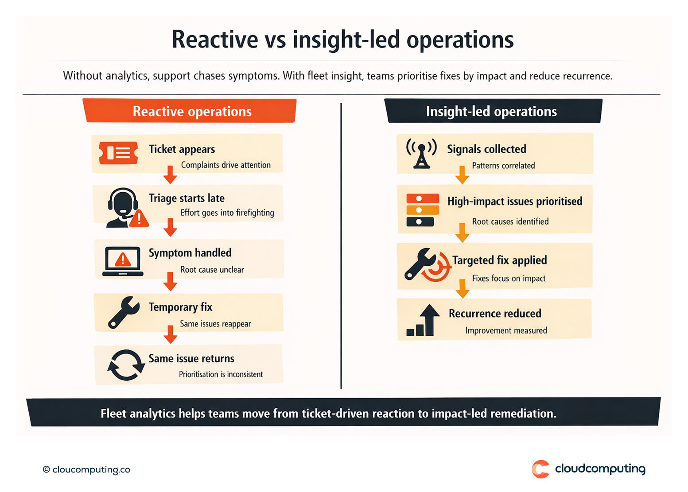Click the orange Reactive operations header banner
[x=190, y=111]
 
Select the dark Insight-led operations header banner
[x=493, y=111]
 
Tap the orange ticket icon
[x=118, y=153]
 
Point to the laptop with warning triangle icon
[x=123, y=261]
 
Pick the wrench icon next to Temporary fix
[x=124, y=312]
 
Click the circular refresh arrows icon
[x=126, y=365]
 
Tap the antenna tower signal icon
[x=421, y=153]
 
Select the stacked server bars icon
[x=423, y=210]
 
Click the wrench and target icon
[x=427, y=264]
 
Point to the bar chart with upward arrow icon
[x=424, y=320]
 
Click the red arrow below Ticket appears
[x=170, y=174]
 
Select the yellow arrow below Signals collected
[x=462, y=175]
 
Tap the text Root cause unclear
[x=212, y=270]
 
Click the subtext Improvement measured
[x=506, y=330]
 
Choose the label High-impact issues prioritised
[x=514, y=201]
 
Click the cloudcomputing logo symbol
[x=540, y=469]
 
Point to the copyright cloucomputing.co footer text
[x=87, y=469]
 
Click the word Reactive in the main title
[x=215, y=39]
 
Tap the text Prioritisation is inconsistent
[x=221, y=374]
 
